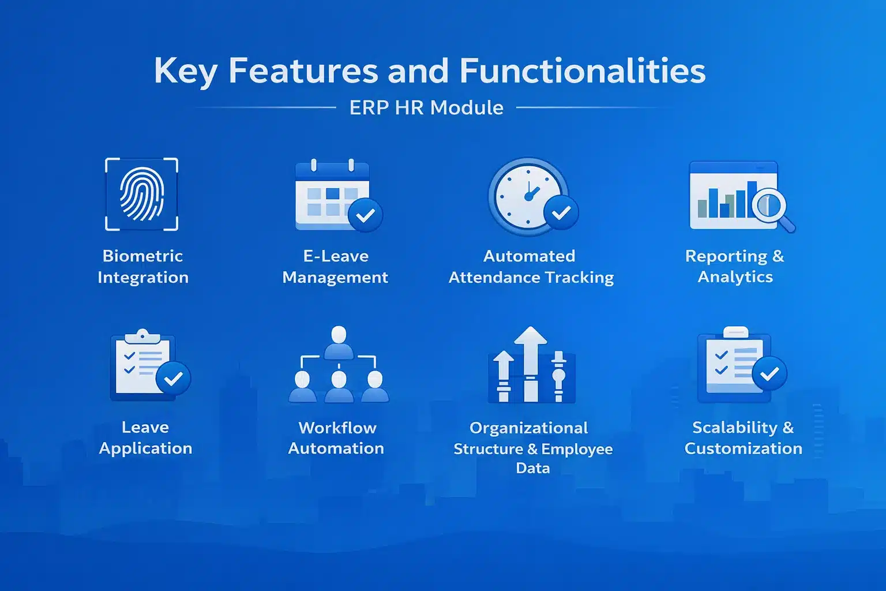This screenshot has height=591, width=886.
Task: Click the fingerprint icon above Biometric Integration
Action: pyautogui.click(x=141, y=194)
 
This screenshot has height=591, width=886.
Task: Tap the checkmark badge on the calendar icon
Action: pyautogui.click(x=365, y=215)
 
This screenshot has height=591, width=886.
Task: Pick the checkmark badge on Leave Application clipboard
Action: pyautogui.click(x=173, y=379)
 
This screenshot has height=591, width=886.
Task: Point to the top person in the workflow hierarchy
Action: pyautogui.click(x=339, y=341)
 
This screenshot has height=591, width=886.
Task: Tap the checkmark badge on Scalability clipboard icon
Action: pyautogui.click(x=769, y=374)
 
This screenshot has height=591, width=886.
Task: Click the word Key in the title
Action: pyautogui.click(x=185, y=72)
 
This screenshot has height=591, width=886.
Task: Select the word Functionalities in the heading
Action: pyautogui.click(x=582, y=72)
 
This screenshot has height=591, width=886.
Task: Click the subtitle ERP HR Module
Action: pyautogui.click(x=426, y=108)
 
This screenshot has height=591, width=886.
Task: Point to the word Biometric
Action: pyautogui.click(x=142, y=256)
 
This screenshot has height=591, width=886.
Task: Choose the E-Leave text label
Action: pyautogui.click(x=336, y=256)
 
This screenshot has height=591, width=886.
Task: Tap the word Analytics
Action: pyautogui.click(x=735, y=277)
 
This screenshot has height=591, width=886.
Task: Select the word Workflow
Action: pyautogui.click(x=337, y=428)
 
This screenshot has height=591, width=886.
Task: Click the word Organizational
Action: pyautogui.click(x=528, y=428)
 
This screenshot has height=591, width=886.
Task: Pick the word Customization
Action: pyautogui.click(x=743, y=448)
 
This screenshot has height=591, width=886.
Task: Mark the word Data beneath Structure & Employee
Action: pyautogui.click(x=532, y=468)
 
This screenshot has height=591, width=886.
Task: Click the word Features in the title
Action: pyautogui.click(x=303, y=72)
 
